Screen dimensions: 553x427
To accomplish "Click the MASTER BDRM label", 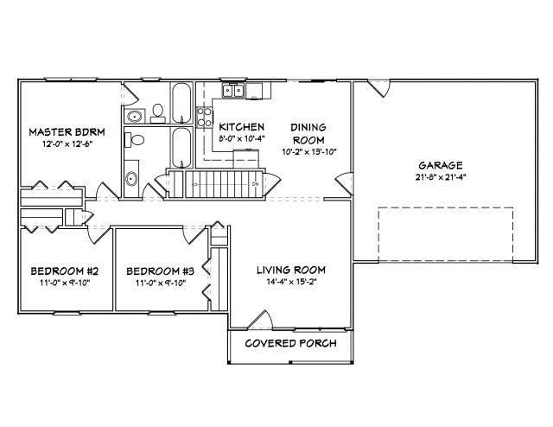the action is click(x=67, y=132).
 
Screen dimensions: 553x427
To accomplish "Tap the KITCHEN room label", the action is click(x=242, y=127).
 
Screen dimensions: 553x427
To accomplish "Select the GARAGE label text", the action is click(x=441, y=165).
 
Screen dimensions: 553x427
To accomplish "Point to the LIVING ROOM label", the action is click(x=291, y=270).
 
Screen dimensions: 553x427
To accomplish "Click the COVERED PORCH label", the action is click(x=290, y=343).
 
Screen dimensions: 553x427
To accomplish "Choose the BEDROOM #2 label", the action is click(x=65, y=271).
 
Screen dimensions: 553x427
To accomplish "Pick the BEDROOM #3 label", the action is click(x=161, y=271).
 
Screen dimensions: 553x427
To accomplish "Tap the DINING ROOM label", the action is click(x=308, y=134).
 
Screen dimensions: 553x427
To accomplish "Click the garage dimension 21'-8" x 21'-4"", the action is click(x=441, y=177).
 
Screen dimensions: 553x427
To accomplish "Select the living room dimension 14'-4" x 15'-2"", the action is click(x=291, y=282).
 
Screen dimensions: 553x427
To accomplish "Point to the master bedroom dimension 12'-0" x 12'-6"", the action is click(x=67, y=143).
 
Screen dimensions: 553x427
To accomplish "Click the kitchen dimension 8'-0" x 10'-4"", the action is click(x=242, y=138).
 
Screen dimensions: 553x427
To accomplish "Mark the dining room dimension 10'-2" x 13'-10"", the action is click(x=309, y=152).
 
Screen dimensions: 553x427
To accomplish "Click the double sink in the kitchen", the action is click(x=233, y=91).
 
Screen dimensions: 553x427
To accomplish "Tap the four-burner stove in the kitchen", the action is click(x=205, y=118).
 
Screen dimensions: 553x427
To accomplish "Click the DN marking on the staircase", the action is click(x=256, y=184).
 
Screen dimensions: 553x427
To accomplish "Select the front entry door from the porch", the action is click(x=260, y=320).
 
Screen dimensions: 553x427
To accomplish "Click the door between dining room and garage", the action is click(x=344, y=183).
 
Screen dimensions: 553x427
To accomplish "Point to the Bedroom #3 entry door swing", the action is click(x=194, y=235).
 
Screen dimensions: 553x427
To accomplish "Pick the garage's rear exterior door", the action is click(x=379, y=88).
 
